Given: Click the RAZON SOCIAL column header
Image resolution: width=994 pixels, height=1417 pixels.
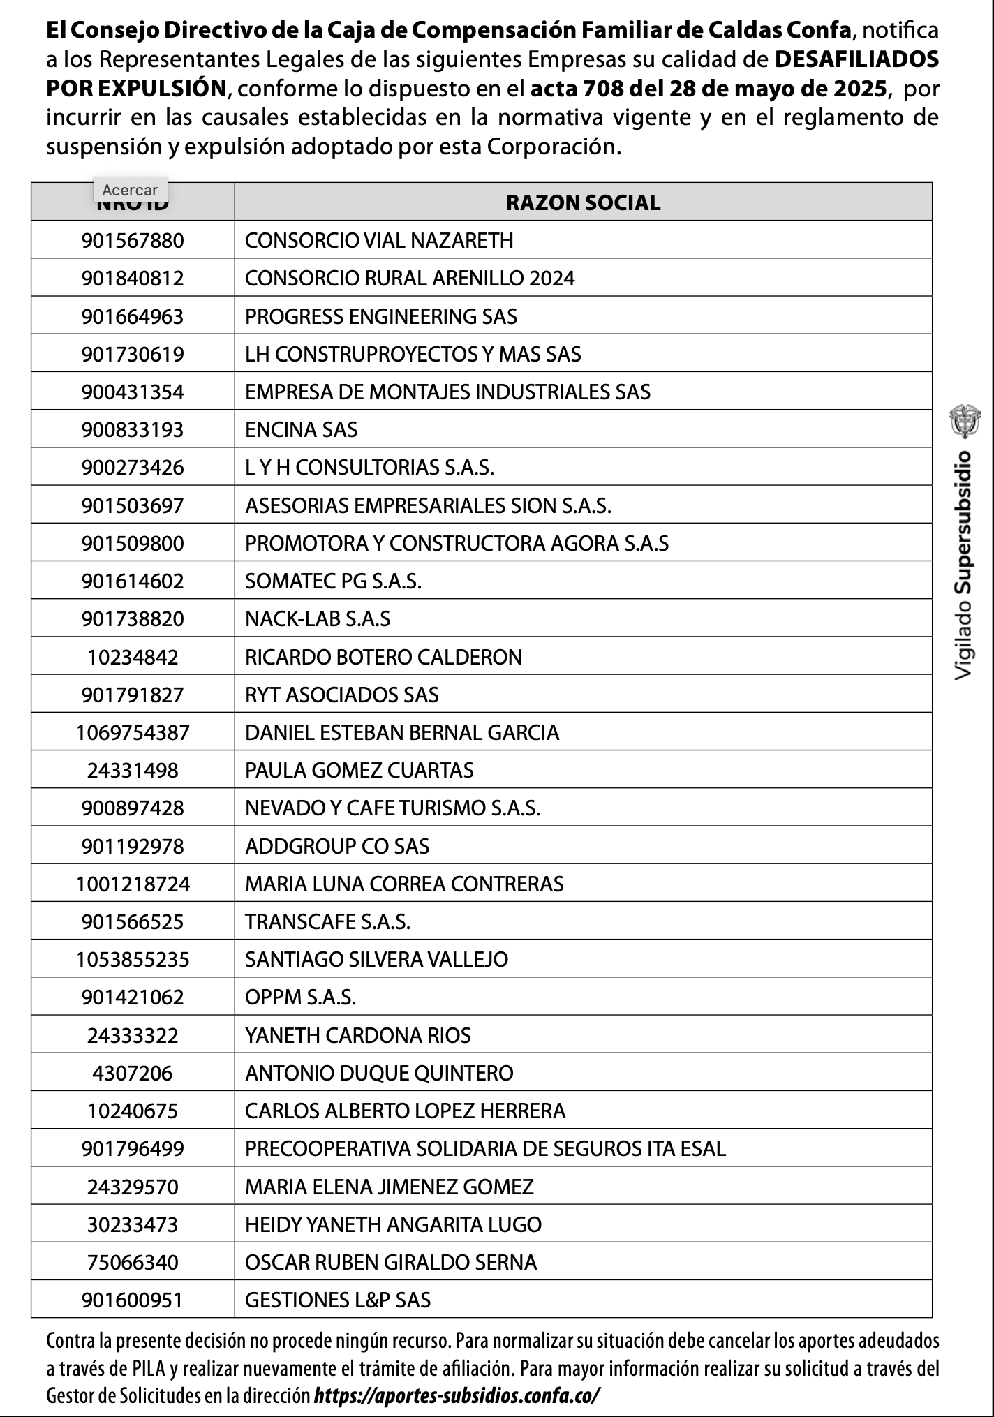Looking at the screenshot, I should pos(583,202).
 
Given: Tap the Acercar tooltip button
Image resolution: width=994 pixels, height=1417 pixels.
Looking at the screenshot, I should pos(130,190).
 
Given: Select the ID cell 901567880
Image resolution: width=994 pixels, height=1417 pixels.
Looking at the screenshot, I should pos(133,241).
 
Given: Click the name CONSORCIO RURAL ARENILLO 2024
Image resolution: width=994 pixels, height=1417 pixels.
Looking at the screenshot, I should pos(410,279).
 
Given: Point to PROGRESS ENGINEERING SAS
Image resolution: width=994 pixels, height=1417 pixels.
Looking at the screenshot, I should pos(381,316).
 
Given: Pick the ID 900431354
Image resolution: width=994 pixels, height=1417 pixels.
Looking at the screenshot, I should pos(133,392).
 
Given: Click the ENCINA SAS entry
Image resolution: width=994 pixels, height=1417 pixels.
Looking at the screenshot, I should pos(301,429).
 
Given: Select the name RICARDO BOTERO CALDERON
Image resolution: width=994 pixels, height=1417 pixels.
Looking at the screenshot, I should pos(383,657).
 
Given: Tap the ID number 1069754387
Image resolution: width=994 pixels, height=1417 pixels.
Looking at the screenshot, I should pos(133,732).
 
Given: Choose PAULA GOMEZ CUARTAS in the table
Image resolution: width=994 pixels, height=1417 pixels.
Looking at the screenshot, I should pos(359,770).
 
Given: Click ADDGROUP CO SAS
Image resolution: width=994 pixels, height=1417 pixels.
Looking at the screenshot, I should pos(337,846).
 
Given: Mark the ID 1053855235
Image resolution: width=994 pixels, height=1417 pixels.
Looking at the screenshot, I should pos(133,959).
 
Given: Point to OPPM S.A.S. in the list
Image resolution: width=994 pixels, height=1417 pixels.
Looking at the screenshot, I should pos(300,997).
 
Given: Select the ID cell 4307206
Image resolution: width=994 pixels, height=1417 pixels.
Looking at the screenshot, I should pos(133,1073).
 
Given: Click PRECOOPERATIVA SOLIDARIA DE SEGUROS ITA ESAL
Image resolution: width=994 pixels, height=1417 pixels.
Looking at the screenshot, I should pos(485,1148).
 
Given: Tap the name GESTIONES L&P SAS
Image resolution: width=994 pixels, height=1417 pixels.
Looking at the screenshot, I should pos(338,1300).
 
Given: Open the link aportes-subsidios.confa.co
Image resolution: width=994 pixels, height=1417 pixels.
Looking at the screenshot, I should pos(457,1395).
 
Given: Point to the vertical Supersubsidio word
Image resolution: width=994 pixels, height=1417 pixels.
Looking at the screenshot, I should pos(964,523).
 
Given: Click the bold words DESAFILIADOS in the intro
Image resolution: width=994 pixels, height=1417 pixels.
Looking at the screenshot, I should pos(856,60).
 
